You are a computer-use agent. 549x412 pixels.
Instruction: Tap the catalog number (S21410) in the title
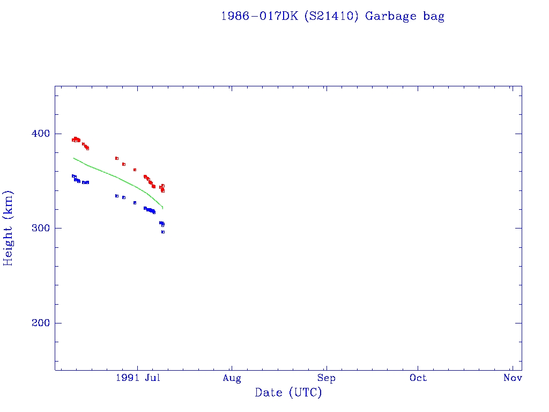[x=331, y=16]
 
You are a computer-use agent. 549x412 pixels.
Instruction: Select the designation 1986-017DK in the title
[x=260, y=16]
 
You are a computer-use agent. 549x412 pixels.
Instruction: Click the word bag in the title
[x=434, y=16]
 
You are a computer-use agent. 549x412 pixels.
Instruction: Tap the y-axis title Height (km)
[x=9, y=228]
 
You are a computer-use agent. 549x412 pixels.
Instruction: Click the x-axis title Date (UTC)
[x=288, y=393]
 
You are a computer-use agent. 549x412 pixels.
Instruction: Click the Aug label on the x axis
[x=232, y=378]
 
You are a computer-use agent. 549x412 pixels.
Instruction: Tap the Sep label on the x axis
[x=326, y=378]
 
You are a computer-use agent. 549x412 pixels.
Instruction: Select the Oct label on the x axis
[x=418, y=378]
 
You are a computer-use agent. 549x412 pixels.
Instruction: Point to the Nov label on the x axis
[x=513, y=378]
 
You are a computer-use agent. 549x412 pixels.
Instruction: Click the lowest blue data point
[x=163, y=232]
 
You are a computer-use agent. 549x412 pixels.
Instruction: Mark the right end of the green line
[x=162, y=208]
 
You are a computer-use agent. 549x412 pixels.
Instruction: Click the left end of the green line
[x=73, y=158]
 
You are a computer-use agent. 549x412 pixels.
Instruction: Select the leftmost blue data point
[x=73, y=175]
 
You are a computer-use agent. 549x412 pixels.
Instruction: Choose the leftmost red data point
[x=73, y=140]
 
